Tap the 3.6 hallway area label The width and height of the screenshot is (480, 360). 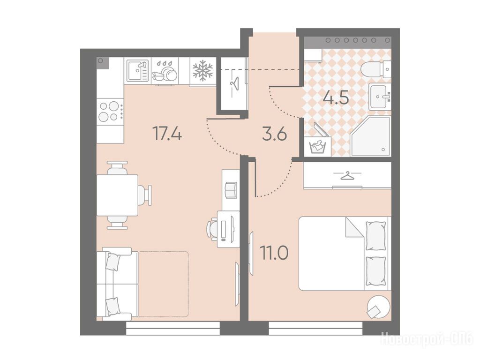tap(275, 134)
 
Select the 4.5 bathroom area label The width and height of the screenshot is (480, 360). tap(336, 98)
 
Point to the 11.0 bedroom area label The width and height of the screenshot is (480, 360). tap(274, 253)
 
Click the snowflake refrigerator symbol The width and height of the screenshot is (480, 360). tap(202, 71)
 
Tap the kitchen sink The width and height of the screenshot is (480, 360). tap(138, 70)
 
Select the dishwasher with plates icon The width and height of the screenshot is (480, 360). tap(165, 71)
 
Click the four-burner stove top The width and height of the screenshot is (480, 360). tap(110, 111)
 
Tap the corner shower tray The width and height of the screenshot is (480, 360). tap(371, 136)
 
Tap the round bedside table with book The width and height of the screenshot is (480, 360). tap(379, 307)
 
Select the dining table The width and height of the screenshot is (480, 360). tap(117, 195)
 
